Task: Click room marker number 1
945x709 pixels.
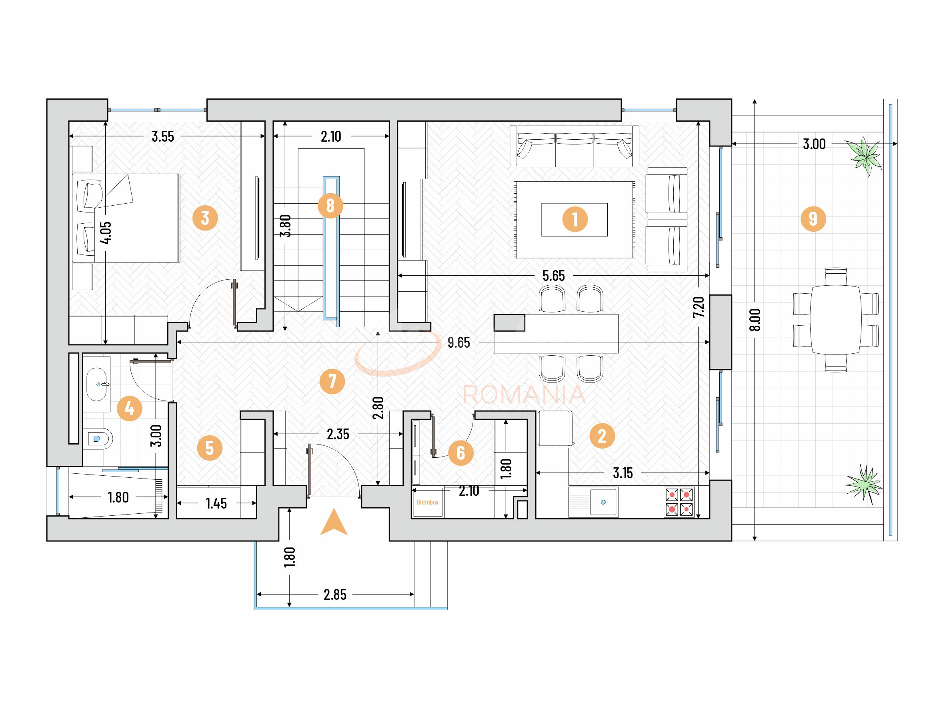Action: (575, 219)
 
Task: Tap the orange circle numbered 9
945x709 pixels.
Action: (813, 219)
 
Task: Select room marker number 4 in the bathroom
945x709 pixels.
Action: (130, 409)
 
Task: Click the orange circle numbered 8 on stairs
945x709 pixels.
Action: (330, 206)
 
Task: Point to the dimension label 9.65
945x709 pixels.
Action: (458, 342)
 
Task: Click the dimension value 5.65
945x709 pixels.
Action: (553, 276)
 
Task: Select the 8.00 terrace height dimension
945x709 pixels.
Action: (755, 320)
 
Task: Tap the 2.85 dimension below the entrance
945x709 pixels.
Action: (335, 595)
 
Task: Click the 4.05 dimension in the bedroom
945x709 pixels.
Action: (106, 232)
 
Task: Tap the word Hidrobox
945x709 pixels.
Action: (427, 502)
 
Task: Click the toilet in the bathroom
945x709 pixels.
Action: (100, 439)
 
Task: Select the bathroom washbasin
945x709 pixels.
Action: (96, 384)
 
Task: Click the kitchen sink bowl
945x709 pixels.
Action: (603, 502)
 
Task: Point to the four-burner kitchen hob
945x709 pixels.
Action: (679, 502)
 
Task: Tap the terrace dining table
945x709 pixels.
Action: (835, 320)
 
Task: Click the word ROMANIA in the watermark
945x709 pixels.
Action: (524, 395)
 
